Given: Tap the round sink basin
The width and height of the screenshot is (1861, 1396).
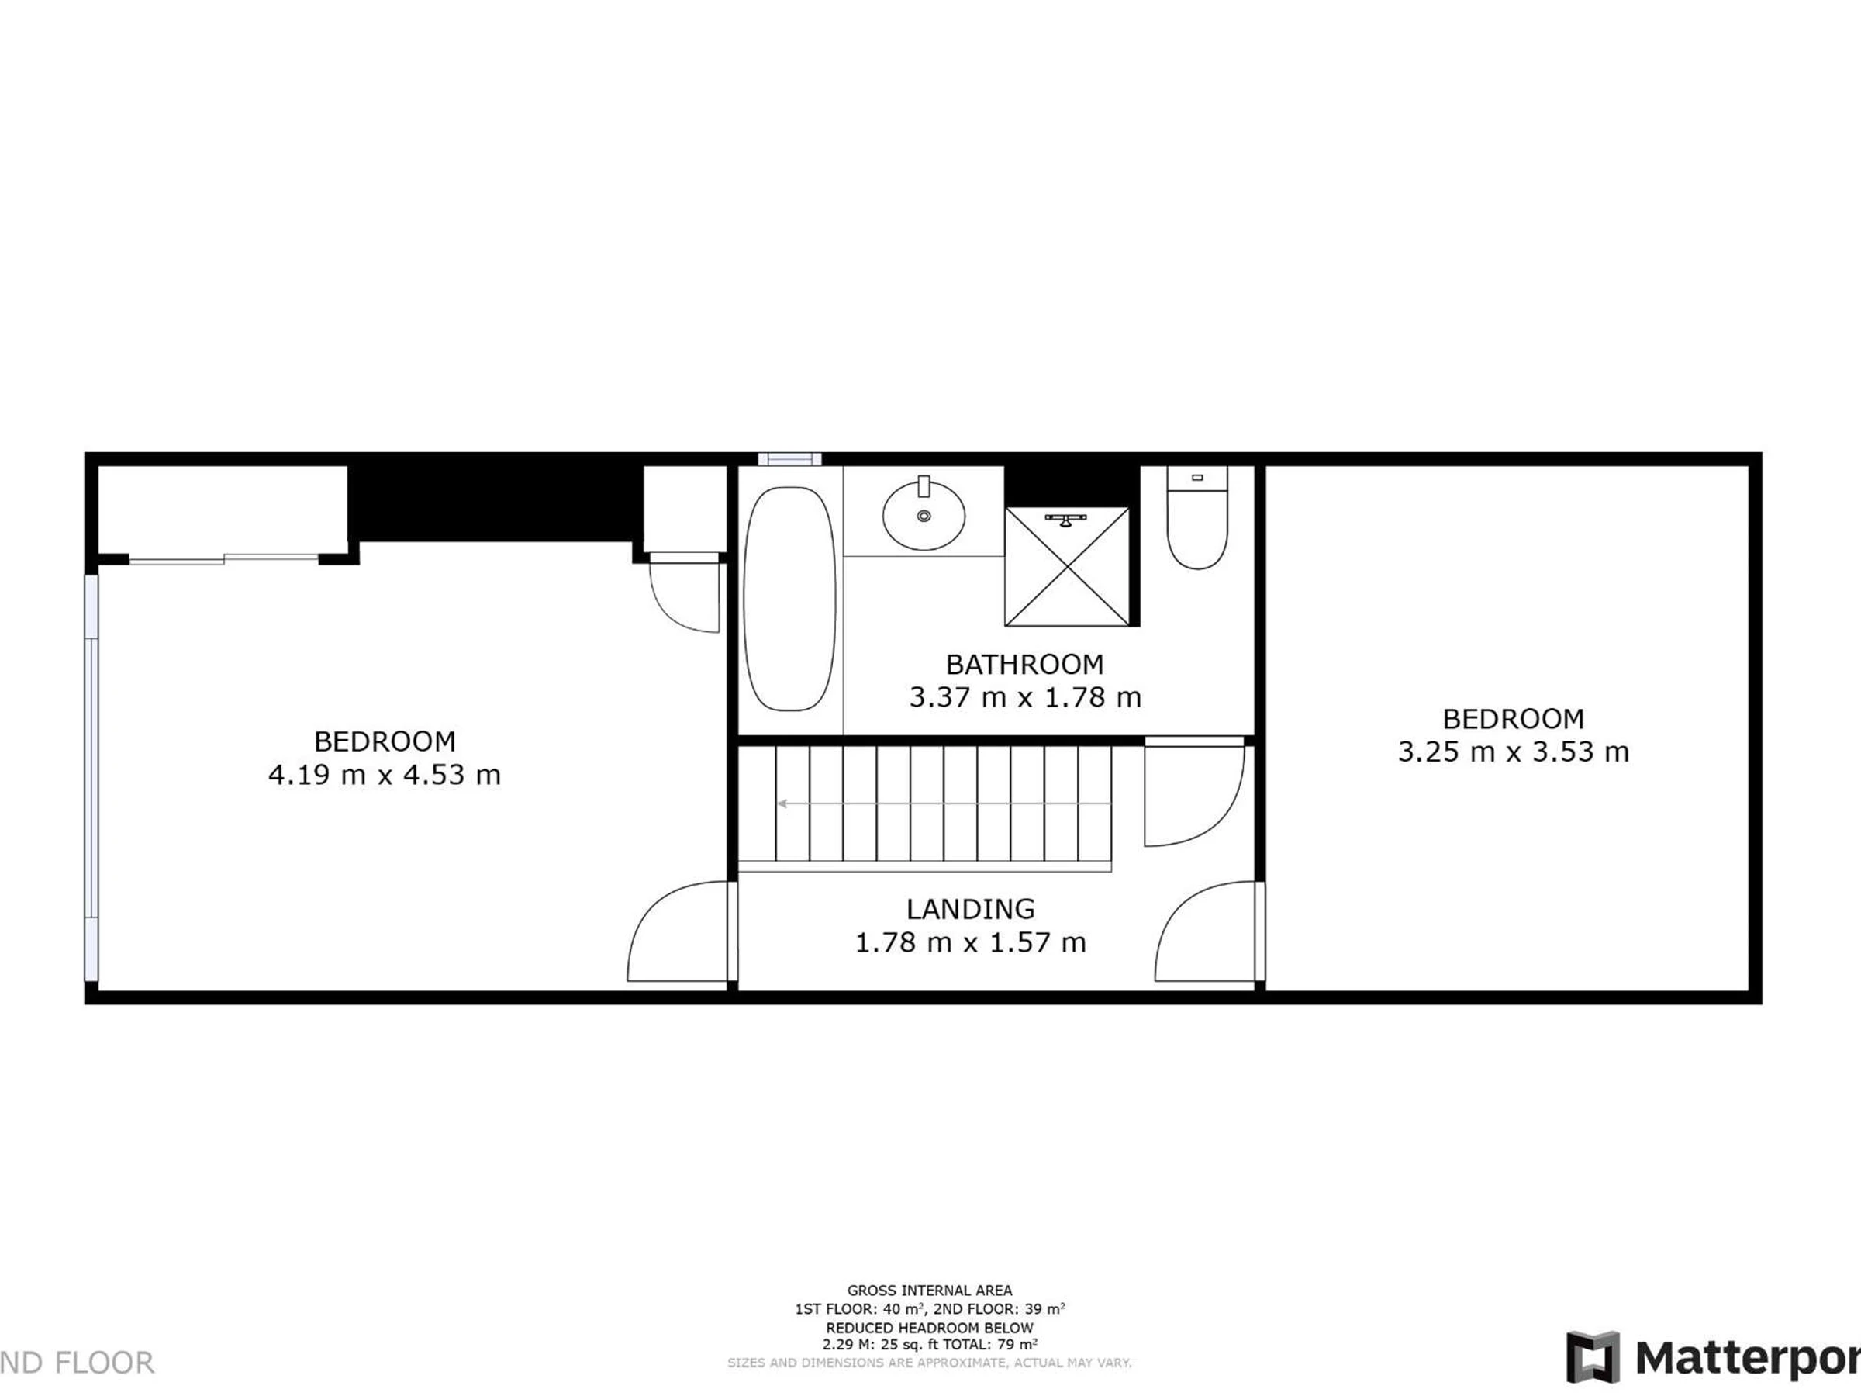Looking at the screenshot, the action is pyautogui.click(x=924, y=514).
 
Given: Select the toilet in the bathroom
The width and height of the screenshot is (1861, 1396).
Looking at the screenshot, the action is pyautogui.click(x=1197, y=517).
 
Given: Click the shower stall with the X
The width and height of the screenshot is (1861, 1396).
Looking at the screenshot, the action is pyautogui.click(x=1067, y=566).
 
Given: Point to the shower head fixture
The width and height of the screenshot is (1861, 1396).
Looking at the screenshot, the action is pyautogui.click(x=1066, y=519).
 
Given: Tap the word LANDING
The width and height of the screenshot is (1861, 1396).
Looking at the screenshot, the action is pyautogui.click(x=970, y=909).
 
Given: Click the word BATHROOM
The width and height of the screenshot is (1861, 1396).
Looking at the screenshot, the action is pyautogui.click(x=1025, y=665).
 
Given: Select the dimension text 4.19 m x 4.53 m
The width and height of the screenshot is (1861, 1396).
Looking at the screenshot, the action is pyautogui.click(x=385, y=774).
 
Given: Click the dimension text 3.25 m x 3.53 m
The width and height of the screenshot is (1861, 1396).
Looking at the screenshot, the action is pyautogui.click(x=1514, y=752).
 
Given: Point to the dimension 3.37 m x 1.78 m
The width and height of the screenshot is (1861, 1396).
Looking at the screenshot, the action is pyautogui.click(x=1025, y=697).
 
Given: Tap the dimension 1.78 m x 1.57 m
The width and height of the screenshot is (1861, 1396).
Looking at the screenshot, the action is pyautogui.click(x=970, y=942).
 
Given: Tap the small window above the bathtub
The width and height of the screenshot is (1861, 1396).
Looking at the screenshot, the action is pyautogui.click(x=789, y=458).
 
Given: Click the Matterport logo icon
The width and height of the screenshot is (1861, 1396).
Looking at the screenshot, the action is pyautogui.click(x=1593, y=1357).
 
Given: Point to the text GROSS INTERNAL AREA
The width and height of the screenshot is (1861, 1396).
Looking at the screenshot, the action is pyautogui.click(x=930, y=1290).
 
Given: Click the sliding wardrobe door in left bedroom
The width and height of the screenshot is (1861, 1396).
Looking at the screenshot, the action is pyautogui.click(x=224, y=558).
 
